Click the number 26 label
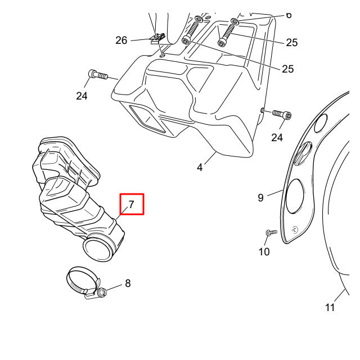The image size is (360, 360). (x=121, y=40)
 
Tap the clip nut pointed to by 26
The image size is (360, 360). (x=157, y=39)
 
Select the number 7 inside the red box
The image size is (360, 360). (x=131, y=204)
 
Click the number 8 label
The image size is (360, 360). (x=128, y=283)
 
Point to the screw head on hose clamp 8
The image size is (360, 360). (x=102, y=292)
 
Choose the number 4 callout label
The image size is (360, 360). (x=200, y=168)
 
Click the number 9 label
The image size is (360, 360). (x=260, y=197)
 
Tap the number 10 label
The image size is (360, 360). (x=264, y=252)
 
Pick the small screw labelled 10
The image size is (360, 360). (x=271, y=232)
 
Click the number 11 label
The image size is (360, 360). (x=330, y=308)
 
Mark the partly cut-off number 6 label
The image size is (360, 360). (x=289, y=15)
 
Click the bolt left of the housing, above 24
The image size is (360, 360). (x=98, y=75)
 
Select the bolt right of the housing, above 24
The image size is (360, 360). (x=282, y=114)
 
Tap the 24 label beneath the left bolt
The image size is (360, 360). (x=82, y=96)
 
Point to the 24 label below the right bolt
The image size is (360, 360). (x=277, y=138)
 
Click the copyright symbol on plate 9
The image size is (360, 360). (x=295, y=230)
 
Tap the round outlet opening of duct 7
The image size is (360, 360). (x=97, y=249)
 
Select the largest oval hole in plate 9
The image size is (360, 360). (x=295, y=196)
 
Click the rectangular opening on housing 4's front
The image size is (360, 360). (x=147, y=119)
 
